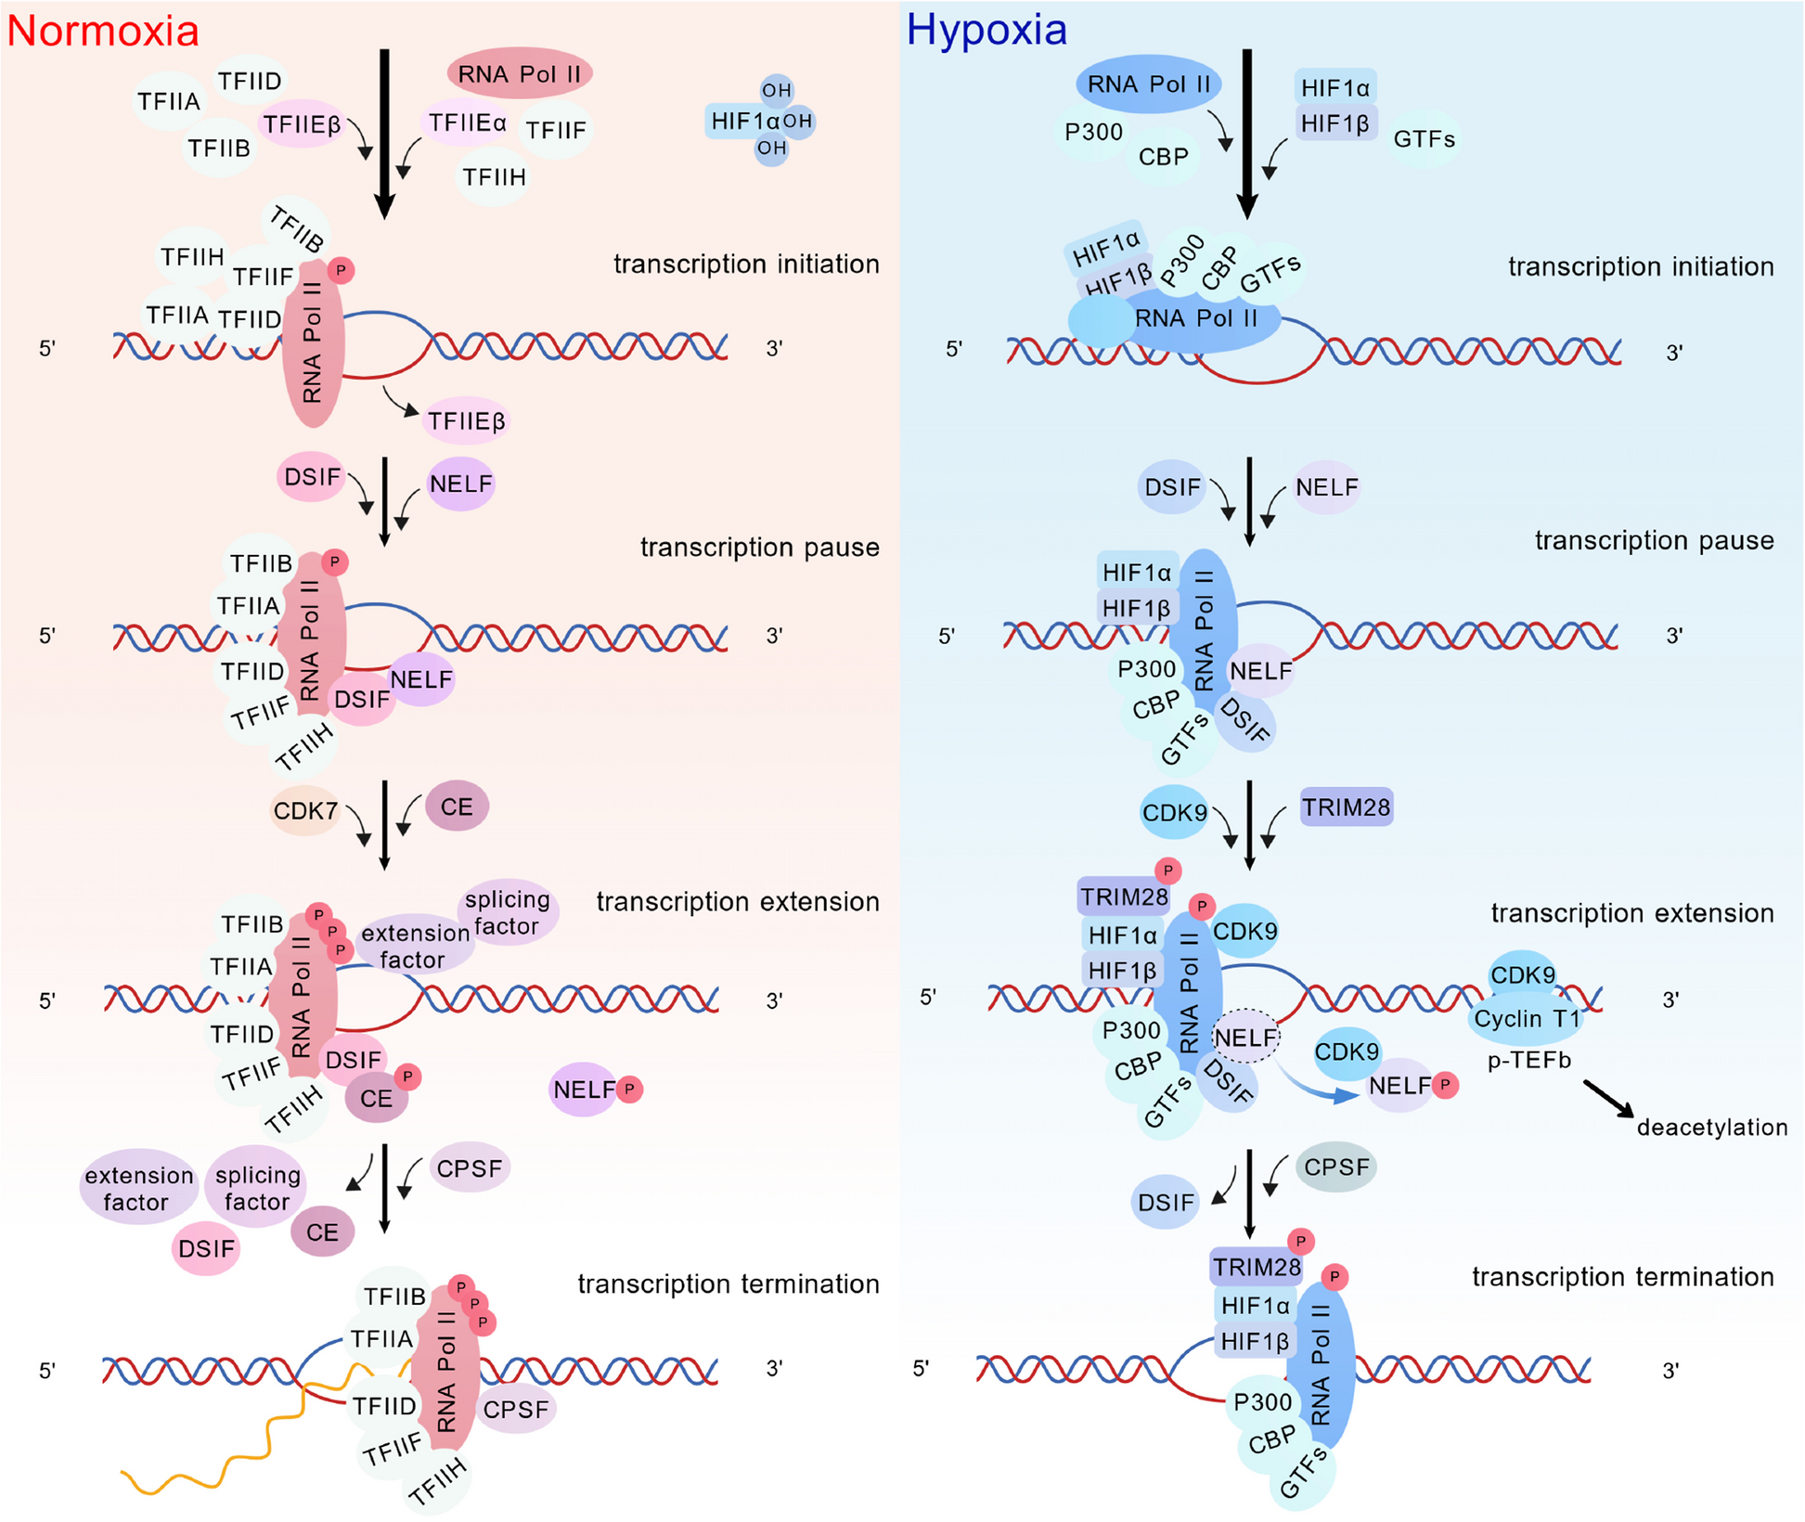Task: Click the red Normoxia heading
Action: [103, 31]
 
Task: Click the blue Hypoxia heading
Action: [986, 30]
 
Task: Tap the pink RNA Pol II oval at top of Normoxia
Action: [519, 73]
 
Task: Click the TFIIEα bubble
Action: [467, 123]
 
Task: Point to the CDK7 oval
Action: [305, 810]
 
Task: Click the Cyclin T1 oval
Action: [1526, 1019]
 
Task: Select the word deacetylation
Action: [1711, 1128]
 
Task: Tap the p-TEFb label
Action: [1528, 1060]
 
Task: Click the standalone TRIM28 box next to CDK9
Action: [1346, 807]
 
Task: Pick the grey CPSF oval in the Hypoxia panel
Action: [1335, 1167]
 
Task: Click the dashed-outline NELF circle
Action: [1245, 1037]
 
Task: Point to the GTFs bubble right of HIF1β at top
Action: [1424, 139]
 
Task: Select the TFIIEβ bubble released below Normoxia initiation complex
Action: [467, 421]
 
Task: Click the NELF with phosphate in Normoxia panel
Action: [587, 1090]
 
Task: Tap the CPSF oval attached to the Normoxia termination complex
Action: [516, 1410]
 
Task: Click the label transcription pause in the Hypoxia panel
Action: [1654, 540]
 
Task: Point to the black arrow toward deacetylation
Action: [1608, 1099]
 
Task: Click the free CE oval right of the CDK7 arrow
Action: [457, 806]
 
